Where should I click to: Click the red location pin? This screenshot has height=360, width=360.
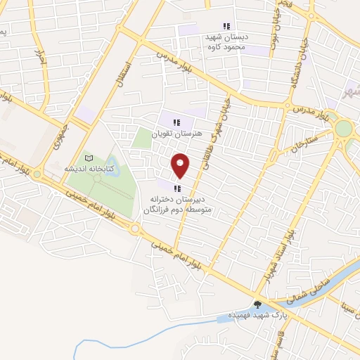(x=181, y=165)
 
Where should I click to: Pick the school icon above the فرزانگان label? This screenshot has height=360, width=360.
(x=176, y=188)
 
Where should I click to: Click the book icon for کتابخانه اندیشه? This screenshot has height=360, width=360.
(x=88, y=158)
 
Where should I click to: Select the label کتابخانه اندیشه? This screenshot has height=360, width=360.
(x=85, y=169)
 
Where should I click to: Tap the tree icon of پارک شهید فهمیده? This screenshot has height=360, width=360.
(x=258, y=304)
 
